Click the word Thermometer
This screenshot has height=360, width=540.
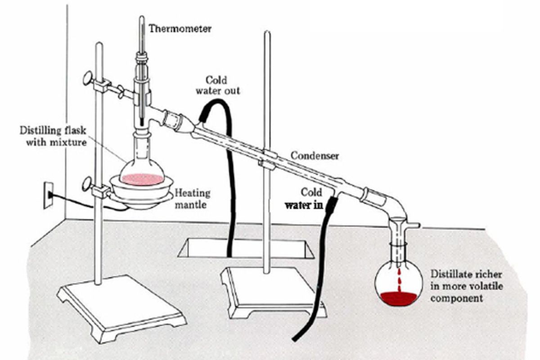(180, 29)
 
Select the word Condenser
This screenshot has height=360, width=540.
(315, 156)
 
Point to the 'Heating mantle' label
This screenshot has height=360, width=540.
(192, 199)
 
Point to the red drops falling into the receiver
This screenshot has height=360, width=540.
(398, 279)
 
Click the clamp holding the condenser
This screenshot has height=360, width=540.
(266, 161)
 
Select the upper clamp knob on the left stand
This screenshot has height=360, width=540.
(88, 78)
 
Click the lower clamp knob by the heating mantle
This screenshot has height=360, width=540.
(86, 184)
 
